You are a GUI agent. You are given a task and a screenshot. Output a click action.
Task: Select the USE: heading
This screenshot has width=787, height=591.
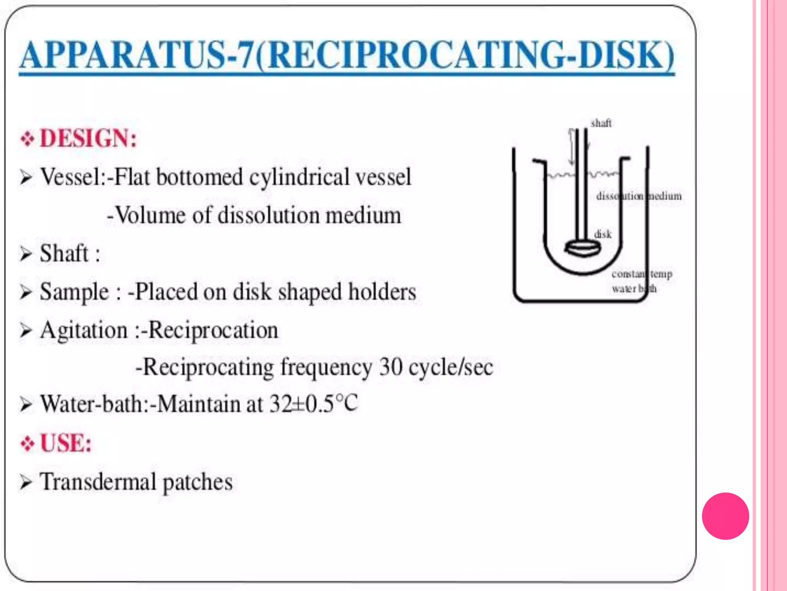(x=66, y=443)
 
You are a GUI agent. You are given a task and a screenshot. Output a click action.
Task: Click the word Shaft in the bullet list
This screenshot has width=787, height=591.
(x=64, y=253)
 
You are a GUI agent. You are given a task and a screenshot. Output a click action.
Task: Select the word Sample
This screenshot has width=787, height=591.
(x=75, y=292)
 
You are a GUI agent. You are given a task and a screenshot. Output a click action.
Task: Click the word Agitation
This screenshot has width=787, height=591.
(x=84, y=331)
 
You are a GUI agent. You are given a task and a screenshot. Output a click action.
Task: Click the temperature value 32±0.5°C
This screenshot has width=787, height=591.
(x=314, y=404)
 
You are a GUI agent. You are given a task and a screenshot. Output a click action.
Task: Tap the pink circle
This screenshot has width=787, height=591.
(x=725, y=516)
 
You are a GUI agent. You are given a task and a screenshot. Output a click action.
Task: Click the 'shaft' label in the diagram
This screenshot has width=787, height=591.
(x=601, y=124)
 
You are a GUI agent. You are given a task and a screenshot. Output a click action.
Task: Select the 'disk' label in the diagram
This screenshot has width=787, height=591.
(x=603, y=234)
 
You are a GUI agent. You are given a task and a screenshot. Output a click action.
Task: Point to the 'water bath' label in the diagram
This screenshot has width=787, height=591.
(x=634, y=289)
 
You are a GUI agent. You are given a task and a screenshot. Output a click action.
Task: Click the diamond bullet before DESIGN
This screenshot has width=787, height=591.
(x=27, y=139)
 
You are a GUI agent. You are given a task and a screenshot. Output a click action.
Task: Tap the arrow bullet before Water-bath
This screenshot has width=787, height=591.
(x=26, y=405)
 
